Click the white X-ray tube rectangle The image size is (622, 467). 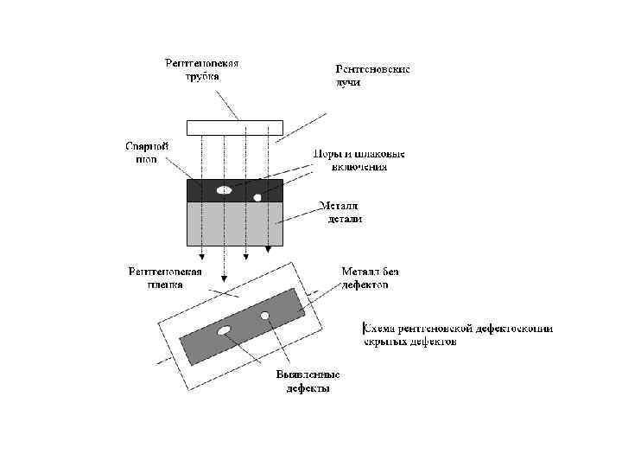pyautogui.click(x=234, y=127)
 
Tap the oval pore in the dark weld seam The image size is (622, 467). pyautogui.click(x=224, y=189)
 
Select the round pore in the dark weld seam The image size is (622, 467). pyautogui.click(x=257, y=198)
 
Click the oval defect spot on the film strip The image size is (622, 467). pyautogui.click(x=224, y=330)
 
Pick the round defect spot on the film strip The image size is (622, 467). pyautogui.click(x=265, y=315)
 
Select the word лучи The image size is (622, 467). pyautogui.click(x=348, y=84)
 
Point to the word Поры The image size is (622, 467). pyautogui.click(x=327, y=154)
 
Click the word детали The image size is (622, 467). pyautogui.click(x=344, y=219)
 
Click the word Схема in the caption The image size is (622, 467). pyautogui.click(x=379, y=329)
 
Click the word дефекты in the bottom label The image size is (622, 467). pyautogui.click(x=308, y=389)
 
